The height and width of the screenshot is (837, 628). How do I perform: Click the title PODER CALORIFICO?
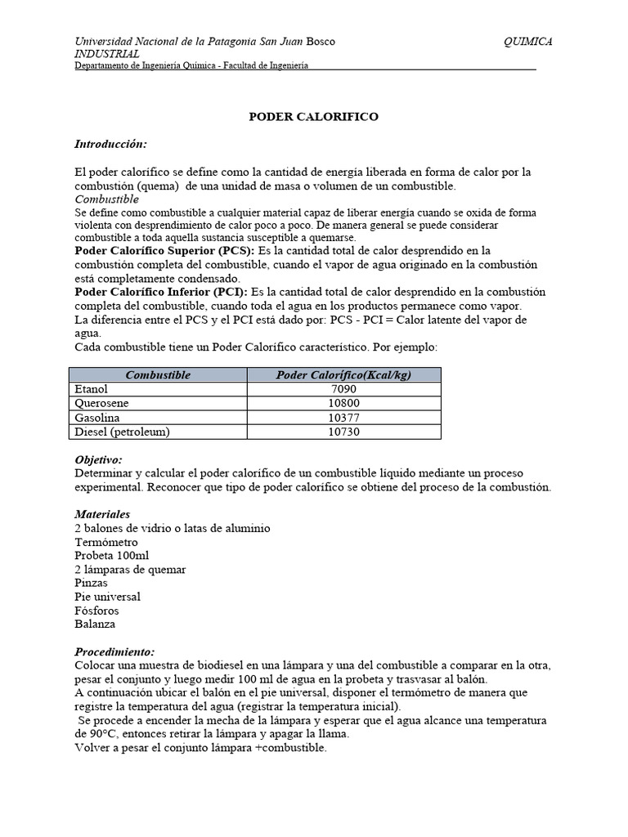(313, 117)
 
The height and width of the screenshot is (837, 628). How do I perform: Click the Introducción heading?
(110, 144)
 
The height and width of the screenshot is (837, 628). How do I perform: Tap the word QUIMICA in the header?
(528, 42)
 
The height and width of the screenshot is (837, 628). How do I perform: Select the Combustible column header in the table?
(158, 374)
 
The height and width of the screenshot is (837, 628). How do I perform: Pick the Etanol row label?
(91, 389)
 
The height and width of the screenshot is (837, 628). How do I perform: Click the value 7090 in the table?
(342, 389)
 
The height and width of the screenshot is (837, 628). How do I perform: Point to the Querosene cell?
(101, 403)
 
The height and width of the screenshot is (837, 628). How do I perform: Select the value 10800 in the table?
(342, 403)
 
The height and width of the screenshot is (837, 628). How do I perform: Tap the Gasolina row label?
(97, 418)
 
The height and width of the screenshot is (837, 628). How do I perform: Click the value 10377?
(342, 418)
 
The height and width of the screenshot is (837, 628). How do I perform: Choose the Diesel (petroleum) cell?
(122, 432)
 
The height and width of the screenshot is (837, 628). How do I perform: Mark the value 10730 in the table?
(342, 432)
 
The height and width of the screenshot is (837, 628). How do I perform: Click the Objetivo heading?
(98, 460)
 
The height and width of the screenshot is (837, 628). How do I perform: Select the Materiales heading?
(102, 515)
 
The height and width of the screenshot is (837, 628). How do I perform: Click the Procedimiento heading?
(114, 652)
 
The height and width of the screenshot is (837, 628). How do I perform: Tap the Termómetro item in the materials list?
(105, 542)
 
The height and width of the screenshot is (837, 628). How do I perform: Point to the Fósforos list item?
(98, 611)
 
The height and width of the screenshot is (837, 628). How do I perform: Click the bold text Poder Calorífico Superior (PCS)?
(164, 250)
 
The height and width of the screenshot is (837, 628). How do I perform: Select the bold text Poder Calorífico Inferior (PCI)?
(161, 292)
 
